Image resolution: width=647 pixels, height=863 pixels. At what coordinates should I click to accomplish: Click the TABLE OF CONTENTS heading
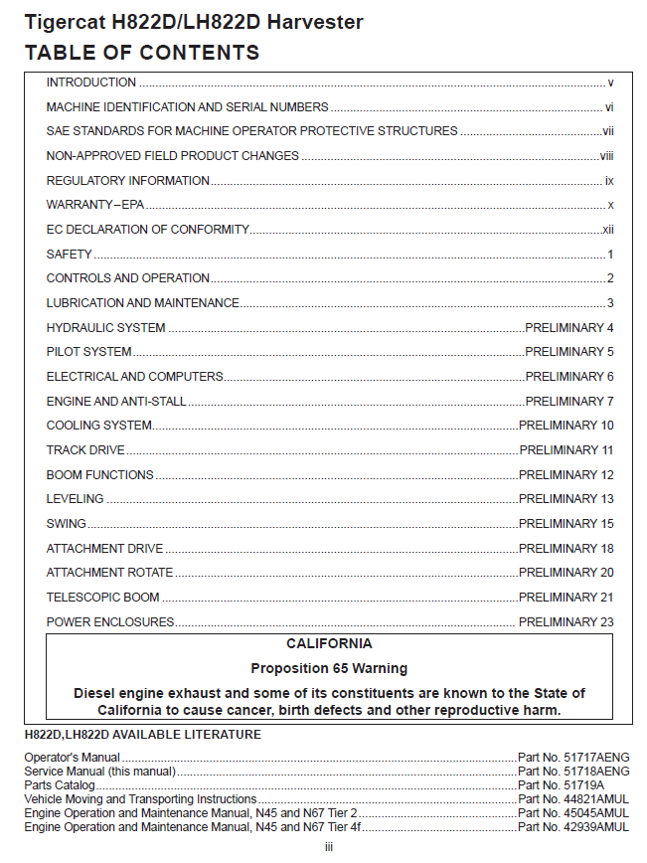(142, 53)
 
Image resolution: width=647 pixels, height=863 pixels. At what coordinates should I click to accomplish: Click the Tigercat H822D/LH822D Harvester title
(194, 22)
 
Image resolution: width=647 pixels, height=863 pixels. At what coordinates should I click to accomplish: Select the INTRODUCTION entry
(91, 83)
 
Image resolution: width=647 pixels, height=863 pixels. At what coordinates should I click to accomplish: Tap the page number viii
(606, 156)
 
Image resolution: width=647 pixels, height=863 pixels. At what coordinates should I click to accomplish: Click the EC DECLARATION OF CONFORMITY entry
(147, 230)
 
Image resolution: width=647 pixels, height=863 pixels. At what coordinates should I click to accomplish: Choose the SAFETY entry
(70, 255)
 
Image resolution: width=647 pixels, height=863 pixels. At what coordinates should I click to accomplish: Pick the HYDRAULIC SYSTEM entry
(106, 328)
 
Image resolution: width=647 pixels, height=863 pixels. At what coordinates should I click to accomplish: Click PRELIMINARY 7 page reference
(569, 402)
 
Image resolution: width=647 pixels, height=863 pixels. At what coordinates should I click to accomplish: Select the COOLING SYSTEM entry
(99, 426)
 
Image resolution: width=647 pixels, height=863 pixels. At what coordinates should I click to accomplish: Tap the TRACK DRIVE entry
(85, 450)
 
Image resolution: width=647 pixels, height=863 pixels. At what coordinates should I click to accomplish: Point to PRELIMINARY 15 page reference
(566, 524)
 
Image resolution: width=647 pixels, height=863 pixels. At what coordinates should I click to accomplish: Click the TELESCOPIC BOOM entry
(103, 598)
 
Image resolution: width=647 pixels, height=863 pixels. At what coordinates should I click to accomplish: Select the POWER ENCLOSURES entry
(110, 622)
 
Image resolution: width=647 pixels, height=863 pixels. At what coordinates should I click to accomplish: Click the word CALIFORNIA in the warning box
(329, 644)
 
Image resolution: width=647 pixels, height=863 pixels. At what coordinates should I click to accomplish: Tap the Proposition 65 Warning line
(329, 668)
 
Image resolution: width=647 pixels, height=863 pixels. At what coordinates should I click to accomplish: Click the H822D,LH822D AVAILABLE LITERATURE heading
(143, 735)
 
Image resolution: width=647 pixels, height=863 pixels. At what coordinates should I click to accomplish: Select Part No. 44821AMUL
(573, 798)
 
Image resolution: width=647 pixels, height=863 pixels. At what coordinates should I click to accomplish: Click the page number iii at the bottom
(329, 847)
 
